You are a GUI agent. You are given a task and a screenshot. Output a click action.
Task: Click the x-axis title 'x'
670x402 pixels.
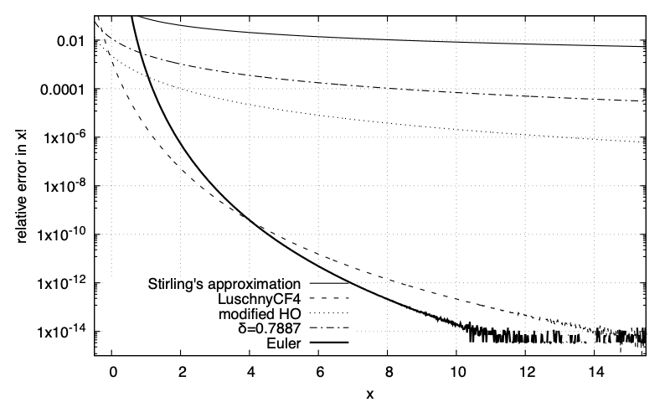pos(369,390)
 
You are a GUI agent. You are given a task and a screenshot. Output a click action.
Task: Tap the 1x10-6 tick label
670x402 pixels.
pos(62,137)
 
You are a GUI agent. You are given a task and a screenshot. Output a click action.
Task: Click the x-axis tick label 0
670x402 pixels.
pos(113,368)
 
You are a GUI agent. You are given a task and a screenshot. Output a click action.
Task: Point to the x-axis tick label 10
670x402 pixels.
pos(456,368)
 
